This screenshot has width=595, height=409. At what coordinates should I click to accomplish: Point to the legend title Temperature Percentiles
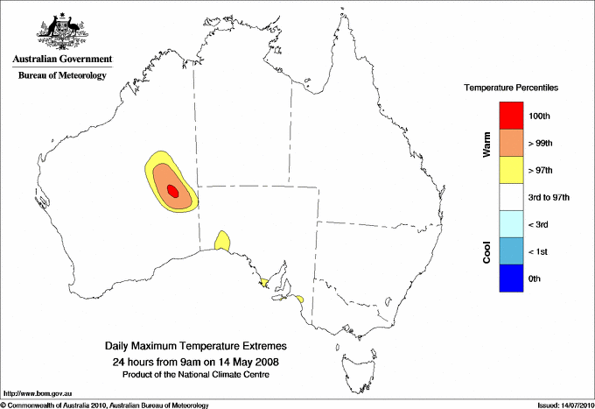(511, 88)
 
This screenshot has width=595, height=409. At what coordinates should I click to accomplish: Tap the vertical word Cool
(486, 251)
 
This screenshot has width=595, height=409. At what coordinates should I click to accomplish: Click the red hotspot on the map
(172, 189)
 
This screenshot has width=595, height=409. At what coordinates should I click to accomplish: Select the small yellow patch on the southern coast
(222, 240)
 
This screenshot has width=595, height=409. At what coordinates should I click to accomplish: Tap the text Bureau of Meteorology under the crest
(62, 76)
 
